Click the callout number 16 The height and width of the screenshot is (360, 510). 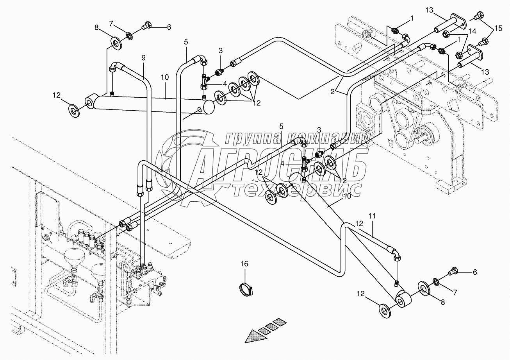click(x=244, y=264)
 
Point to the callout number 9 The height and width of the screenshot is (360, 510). click(x=143, y=57)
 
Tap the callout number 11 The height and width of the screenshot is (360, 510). click(x=371, y=216)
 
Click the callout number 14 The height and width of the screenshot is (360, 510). click(x=472, y=30)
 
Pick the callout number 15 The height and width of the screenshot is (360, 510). click(x=498, y=28)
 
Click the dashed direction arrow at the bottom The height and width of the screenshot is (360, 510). click(x=266, y=329)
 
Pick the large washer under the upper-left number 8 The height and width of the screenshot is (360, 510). click(x=116, y=42)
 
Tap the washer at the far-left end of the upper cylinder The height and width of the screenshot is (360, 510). click(x=74, y=110)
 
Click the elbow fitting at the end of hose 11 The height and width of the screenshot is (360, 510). click(x=396, y=255)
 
